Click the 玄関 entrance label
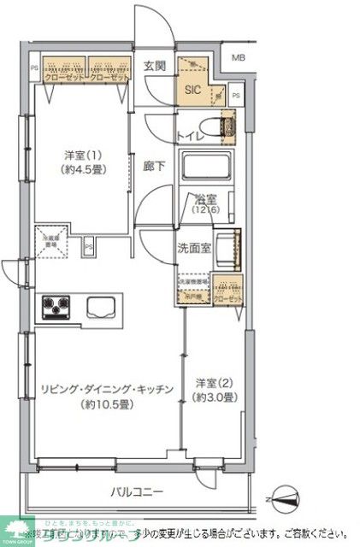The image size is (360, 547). click(x=154, y=67)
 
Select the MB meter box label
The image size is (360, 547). click(x=238, y=57)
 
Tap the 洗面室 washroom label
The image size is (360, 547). click(x=192, y=249)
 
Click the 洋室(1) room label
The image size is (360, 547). click(x=83, y=154)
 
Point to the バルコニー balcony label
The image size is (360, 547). click(x=139, y=492)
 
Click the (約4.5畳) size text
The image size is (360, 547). click(x=83, y=168)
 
